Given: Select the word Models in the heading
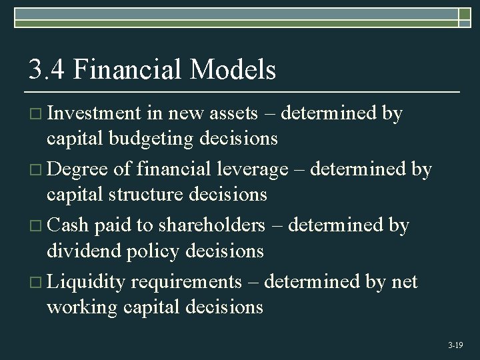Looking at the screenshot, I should click(x=233, y=69).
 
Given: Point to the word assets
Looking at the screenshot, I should click(x=233, y=114).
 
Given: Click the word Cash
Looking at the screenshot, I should click(x=68, y=225).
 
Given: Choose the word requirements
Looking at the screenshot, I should click(x=186, y=283).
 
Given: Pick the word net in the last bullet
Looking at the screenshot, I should click(x=404, y=282).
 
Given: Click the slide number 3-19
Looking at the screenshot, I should click(x=455, y=345).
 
